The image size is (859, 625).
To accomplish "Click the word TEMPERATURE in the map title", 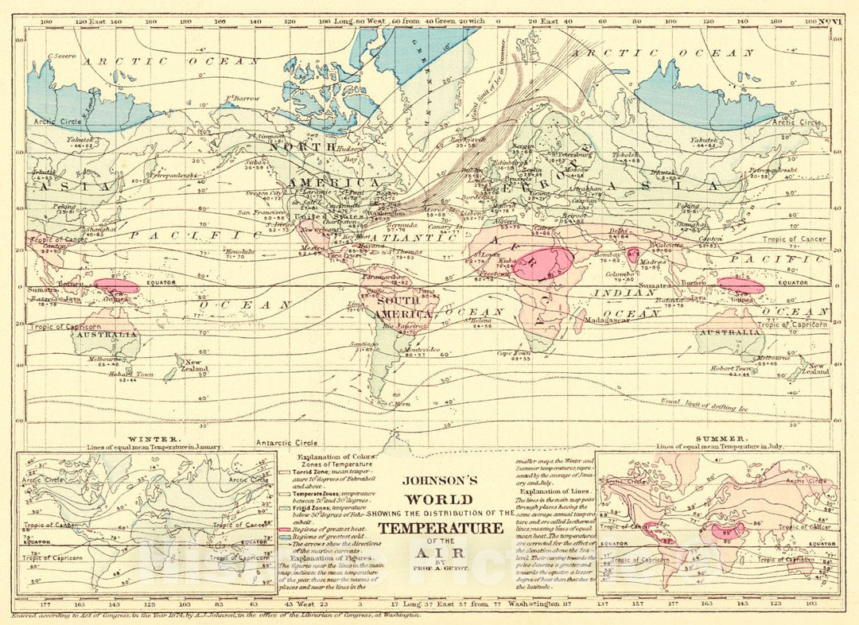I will pos(440,529).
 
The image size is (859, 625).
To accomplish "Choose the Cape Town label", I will pos(514,353).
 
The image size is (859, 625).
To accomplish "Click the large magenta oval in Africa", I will pos(543,263).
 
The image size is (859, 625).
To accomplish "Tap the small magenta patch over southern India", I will pos(633,255).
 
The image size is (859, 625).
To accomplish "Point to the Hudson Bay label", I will pos(350,153).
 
